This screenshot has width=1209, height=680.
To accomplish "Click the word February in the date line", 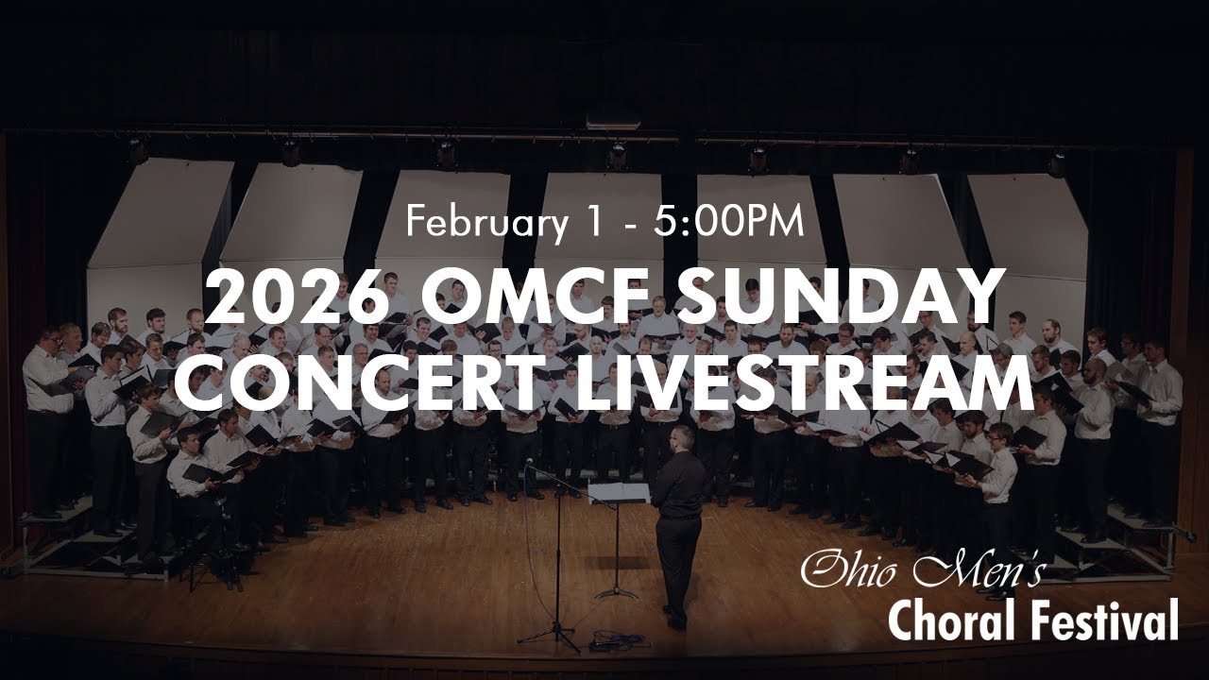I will [480, 223].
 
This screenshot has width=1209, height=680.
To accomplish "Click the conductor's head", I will [681, 438].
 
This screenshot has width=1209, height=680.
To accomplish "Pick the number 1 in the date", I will [589, 223].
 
